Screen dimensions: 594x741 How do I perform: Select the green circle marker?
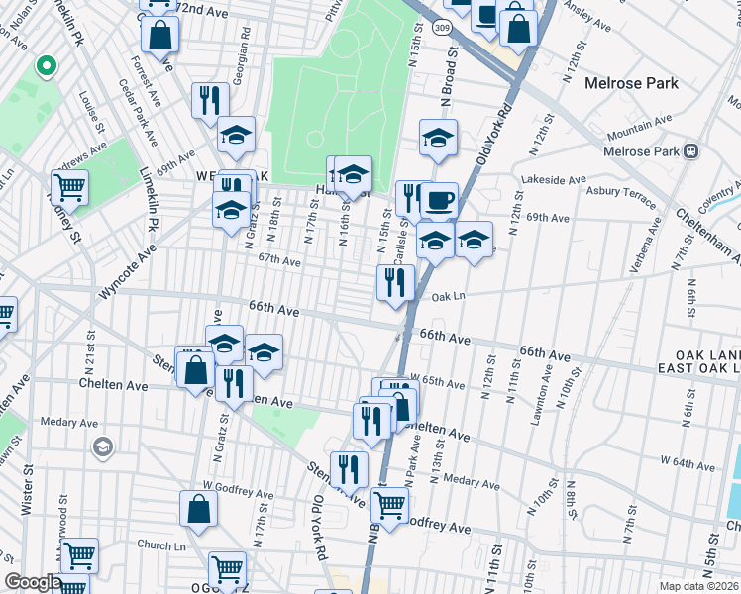45,67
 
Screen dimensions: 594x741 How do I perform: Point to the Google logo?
33,583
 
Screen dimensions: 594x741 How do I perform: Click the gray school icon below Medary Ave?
102,447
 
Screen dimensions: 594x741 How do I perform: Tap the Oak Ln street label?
449,295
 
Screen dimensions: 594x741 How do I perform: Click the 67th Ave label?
279,261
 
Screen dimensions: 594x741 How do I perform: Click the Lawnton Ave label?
541,395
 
